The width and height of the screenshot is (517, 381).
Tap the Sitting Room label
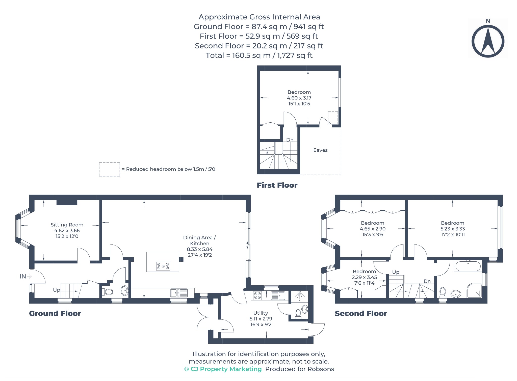(67, 225)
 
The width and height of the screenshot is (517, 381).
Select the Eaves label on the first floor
(320, 150)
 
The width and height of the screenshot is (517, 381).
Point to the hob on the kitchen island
(163, 266)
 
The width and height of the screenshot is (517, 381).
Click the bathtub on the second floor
(468, 266)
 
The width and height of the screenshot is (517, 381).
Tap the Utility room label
(261, 313)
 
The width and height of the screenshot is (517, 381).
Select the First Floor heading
(277, 185)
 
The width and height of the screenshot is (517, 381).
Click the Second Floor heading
(361, 313)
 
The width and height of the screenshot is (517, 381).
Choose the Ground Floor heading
(55, 313)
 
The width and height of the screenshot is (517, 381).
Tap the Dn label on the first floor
(290, 140)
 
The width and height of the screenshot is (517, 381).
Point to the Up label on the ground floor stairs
(57, 290)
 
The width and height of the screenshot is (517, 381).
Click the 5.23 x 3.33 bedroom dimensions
(453, 229)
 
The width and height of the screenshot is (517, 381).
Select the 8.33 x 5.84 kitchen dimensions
(200, 249)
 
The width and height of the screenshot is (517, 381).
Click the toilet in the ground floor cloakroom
(108, 292)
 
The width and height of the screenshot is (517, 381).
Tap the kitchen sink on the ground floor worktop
(179, 293)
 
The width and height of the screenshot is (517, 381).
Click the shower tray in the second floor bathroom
(475, 291)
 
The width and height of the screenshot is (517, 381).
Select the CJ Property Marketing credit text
(223, 369)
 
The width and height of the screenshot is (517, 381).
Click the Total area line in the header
(259, 55)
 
